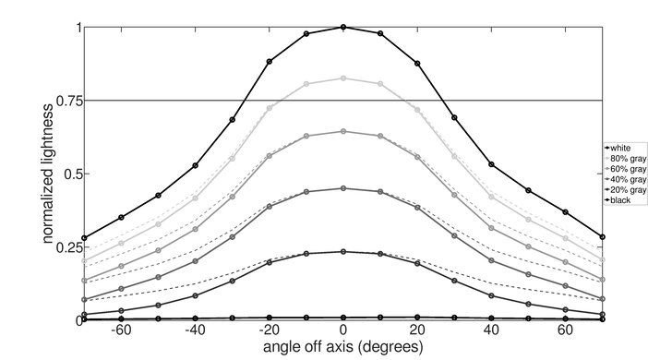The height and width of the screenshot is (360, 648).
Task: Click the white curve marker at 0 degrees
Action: point(343,27)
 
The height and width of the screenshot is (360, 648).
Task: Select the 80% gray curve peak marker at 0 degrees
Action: point(343,78)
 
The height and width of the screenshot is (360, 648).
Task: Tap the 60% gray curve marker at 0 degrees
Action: point(343,131)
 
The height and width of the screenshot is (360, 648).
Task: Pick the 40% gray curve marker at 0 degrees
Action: point(343,188)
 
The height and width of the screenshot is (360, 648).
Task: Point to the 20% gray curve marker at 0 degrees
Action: point(343,251)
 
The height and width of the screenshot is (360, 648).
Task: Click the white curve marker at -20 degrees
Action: point(270,62)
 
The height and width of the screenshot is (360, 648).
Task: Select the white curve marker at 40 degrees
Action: point(491,164)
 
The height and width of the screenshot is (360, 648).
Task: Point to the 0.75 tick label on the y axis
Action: point(66,101)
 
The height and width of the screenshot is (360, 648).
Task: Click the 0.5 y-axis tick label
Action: point(69,174)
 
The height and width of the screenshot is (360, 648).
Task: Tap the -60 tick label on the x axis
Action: point(120,330)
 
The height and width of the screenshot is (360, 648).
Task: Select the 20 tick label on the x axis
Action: point(417,330)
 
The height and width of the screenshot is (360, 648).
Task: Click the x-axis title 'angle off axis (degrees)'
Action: point(342,348)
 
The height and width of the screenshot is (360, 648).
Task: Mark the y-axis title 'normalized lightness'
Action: point(46,174)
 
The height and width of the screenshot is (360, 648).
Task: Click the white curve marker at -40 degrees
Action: point(196,165)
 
